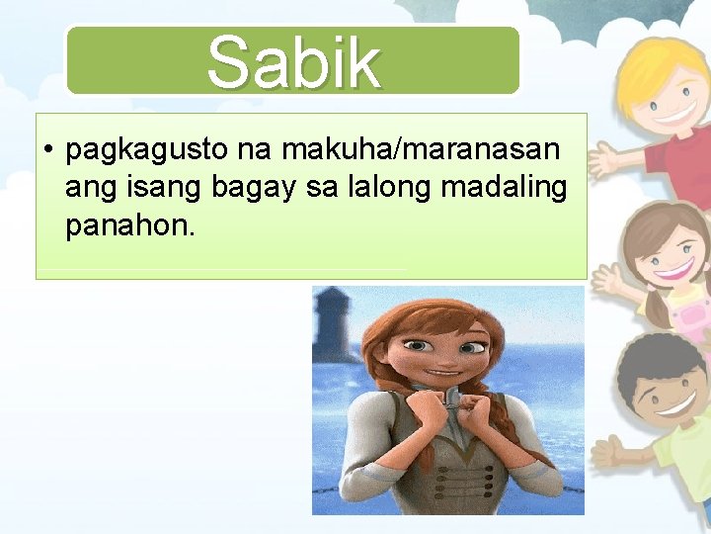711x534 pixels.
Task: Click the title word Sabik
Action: point(293,61)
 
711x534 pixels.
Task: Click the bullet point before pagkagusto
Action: point(47,151)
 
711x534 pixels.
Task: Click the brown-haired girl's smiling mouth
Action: point(672,267)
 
